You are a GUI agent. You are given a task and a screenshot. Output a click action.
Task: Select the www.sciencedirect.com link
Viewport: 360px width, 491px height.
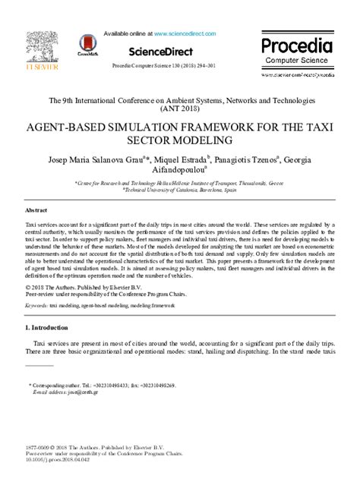[188, 34]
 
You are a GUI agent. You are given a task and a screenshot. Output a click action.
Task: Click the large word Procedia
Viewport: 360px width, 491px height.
[297, 46]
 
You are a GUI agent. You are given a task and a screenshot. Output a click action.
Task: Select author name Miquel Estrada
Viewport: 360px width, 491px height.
[181, 160]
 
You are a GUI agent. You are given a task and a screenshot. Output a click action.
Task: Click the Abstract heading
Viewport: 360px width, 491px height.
[37, 210]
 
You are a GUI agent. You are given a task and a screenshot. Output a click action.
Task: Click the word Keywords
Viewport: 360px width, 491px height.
[36, 305]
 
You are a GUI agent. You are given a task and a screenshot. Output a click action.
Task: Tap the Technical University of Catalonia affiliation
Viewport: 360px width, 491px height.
[182, 191]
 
